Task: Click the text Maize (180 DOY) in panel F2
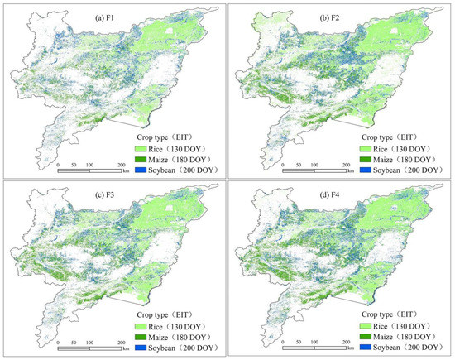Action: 411,158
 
